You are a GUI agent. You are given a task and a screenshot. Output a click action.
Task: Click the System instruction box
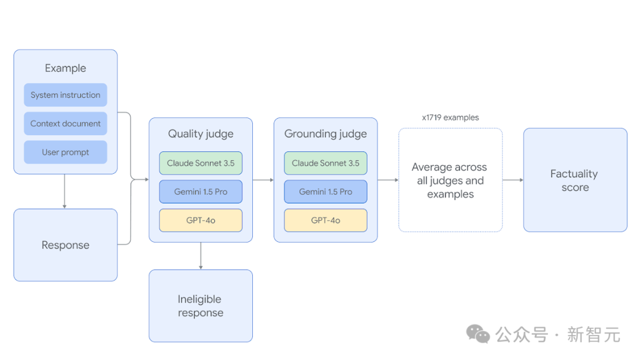pos(65,95)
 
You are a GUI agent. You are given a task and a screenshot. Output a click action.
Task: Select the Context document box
pos(65,123)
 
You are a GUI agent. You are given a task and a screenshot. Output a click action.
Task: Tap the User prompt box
pos(65,152)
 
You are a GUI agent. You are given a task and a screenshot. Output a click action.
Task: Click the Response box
pos(65,245)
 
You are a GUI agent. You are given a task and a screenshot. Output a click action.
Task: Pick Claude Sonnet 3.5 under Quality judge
pos(201,163)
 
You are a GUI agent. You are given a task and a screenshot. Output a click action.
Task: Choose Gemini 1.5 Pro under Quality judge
pos(201,192)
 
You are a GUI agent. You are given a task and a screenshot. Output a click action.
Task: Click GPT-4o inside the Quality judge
pos(201,220)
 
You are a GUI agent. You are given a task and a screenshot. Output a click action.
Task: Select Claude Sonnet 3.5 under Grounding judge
pos(325,163)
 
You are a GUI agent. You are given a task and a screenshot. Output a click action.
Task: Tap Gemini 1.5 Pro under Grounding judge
pos(325,192)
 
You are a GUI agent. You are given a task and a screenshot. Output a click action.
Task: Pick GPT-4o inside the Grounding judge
pos(325,220)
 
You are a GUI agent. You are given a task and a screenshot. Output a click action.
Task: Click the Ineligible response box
pos(201,305)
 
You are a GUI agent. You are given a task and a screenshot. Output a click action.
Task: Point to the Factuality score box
pos(575,180)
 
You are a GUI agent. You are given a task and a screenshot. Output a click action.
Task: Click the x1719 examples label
pos(450,117)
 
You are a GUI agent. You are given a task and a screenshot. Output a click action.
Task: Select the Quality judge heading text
pos(201,134)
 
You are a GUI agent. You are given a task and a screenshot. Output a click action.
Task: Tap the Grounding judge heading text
pos(325,134)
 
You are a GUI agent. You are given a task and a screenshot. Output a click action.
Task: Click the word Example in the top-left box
pos(65,68)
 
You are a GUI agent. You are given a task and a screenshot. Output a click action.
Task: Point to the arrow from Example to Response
pos(65,191)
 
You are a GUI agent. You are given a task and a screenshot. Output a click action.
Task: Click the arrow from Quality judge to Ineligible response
pos(201,256)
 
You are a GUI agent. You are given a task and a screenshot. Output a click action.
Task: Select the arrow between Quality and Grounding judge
pos(264,180)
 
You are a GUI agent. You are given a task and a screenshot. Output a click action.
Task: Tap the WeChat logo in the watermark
pos(478,334)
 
